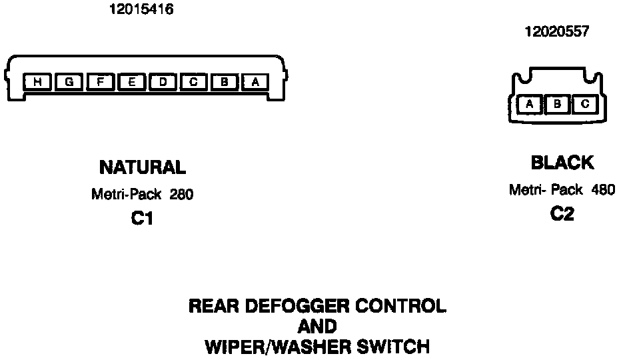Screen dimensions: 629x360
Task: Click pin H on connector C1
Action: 38,82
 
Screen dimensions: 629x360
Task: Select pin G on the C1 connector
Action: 69,82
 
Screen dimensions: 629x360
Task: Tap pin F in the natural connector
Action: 101,82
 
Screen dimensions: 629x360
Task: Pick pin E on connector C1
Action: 132,82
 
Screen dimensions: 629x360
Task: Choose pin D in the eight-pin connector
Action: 163,82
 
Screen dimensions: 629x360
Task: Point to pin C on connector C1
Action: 194,82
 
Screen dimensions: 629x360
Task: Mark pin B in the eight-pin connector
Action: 225,82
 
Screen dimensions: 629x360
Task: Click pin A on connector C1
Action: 256,82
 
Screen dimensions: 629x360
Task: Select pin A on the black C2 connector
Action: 530,104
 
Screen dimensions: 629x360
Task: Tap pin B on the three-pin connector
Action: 557,104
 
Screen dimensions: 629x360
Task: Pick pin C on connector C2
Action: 584,104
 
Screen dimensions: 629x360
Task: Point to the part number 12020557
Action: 557,31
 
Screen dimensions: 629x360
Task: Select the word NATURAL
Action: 142,167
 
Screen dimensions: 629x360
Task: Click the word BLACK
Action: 562,162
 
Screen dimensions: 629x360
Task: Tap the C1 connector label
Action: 142,219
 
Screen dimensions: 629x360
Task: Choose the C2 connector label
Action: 562,214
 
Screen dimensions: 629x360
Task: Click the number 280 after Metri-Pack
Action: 181,195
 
